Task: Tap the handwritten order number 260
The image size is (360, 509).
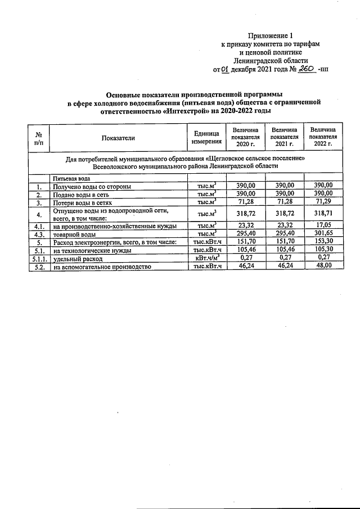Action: point(307,69)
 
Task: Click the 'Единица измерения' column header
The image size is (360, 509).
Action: point(206,138)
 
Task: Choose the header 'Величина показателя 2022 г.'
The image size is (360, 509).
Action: point(323,137)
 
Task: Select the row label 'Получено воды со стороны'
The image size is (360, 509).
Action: point(92,186)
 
